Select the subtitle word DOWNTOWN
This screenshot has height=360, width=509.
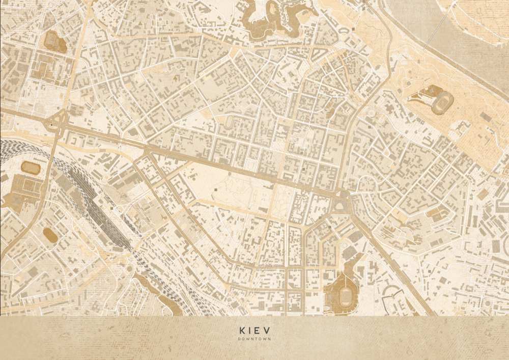pos(254,339)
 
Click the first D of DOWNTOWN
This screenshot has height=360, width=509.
pos(239,339)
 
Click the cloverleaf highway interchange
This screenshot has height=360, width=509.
pos(58,123)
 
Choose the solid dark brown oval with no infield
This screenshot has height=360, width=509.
pos(50,234)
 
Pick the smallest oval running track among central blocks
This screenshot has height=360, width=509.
pos(230,122)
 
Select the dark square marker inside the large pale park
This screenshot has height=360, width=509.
pos(215,189)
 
